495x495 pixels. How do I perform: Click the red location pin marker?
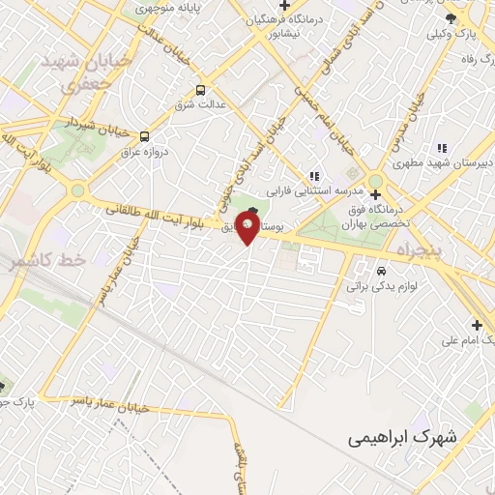point(248,229)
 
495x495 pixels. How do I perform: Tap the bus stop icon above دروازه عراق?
point(144,136)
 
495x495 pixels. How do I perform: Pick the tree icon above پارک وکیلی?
point(450,19)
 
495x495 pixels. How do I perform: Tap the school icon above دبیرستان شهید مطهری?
point(442,148)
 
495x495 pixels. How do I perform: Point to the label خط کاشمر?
point(49,260)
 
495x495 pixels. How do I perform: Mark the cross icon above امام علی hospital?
point(475,324)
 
